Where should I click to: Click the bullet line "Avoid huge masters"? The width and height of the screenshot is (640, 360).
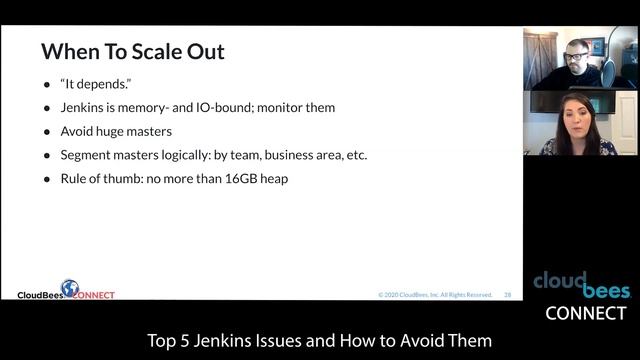pyautogui.click(x=116, y=131)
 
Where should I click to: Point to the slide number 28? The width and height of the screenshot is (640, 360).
pyautogui.click(x=508, y=295)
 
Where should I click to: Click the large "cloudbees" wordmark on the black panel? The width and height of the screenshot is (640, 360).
pyautogui.click(x=581, y=284)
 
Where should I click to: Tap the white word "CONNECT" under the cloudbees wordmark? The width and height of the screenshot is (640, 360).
pyautogui.click(x=586, y=313)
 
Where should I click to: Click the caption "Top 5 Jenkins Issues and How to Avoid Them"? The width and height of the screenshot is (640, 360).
pyautogui.click(x=319, y=341)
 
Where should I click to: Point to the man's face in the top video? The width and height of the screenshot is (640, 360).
pyautogui.click(x=577, y=57)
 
